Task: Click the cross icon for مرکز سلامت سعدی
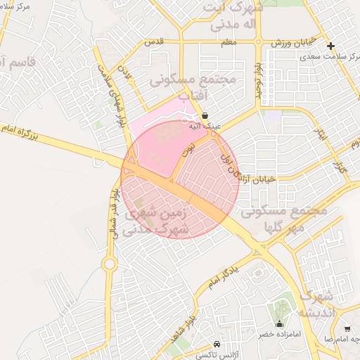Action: [330, 46]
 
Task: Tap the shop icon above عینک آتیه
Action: [205, 115]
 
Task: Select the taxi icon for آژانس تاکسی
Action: [217, 345]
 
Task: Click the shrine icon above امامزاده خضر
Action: [280, 324]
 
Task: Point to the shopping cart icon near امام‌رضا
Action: [347, 328]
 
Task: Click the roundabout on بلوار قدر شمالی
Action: [109, 264]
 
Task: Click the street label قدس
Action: [153, 41]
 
